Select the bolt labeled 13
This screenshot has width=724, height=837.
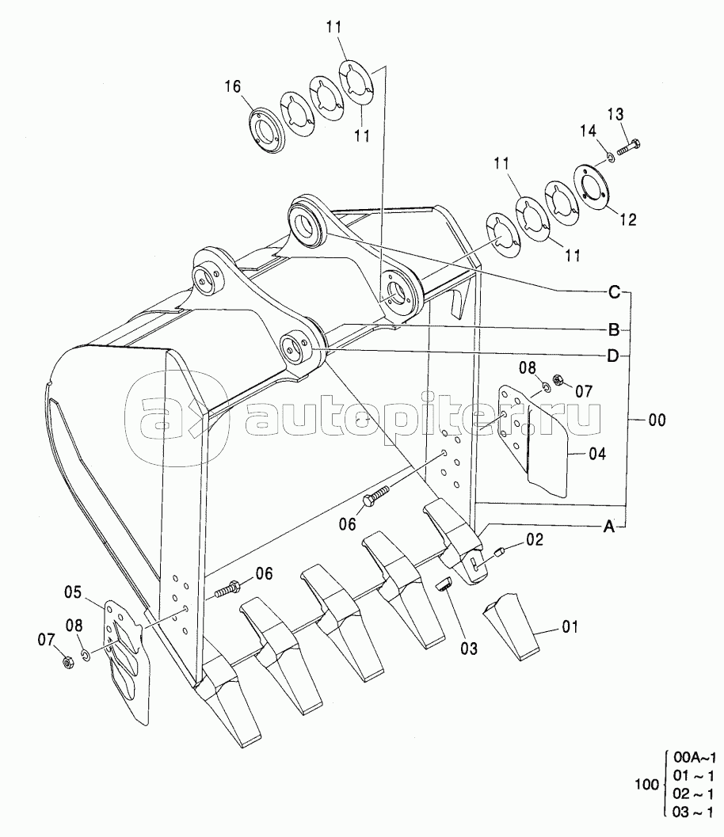click(627, 146)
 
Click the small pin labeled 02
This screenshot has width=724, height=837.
click(500, 552)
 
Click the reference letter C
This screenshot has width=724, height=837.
click(614, 292)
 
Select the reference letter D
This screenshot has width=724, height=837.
click(613, 356)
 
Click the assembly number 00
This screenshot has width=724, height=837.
click(657, 422)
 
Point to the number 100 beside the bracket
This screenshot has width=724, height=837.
click(647, 785)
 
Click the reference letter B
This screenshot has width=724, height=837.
click(613, 329)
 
